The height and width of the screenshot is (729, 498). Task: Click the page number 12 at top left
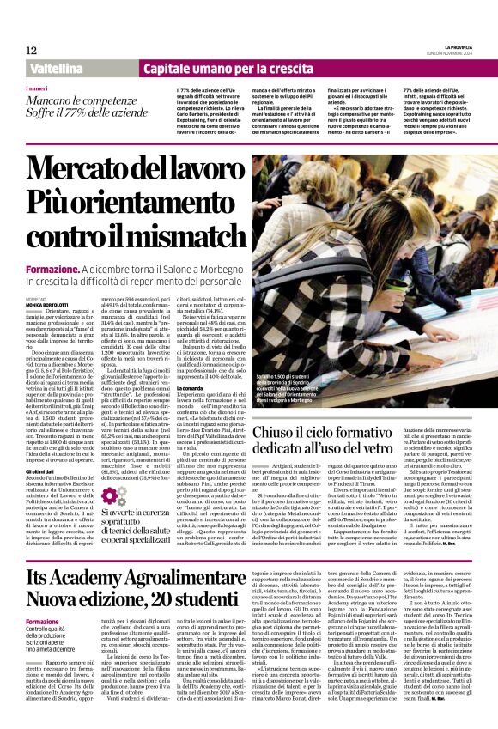[31, 50]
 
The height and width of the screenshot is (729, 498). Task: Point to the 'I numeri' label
[37, 88]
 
